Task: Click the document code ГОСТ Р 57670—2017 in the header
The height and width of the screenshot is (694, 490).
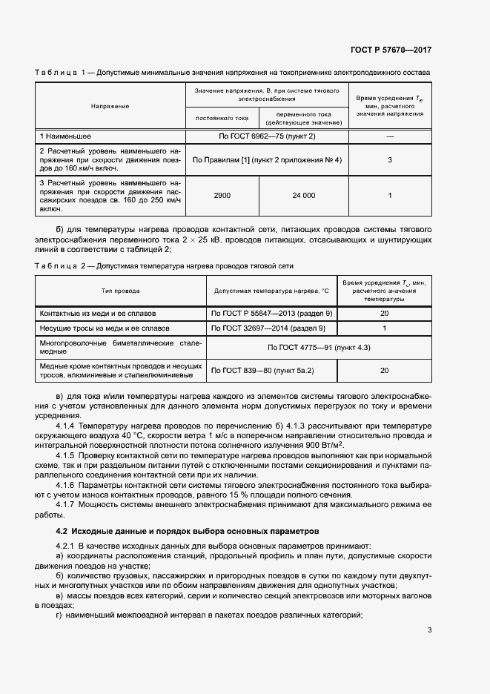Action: (x=391, y=50)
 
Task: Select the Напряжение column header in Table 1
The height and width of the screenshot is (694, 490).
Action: (x=110, y=106)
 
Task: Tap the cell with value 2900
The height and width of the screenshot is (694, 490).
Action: (x=222, y=195)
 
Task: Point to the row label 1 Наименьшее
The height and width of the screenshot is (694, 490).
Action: (x=67, y=137)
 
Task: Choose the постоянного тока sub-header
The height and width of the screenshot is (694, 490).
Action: (x=222, y=118)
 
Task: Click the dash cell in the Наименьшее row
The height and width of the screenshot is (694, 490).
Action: (x=390, y=137)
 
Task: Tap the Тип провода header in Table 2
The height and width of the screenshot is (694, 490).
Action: (x=120, y=291)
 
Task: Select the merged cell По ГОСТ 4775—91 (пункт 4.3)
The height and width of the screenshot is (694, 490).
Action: (x=319, y=347)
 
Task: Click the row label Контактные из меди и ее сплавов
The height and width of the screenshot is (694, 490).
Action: (x=98, y=314)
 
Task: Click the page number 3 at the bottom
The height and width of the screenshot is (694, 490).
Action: (x=430, y=630)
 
